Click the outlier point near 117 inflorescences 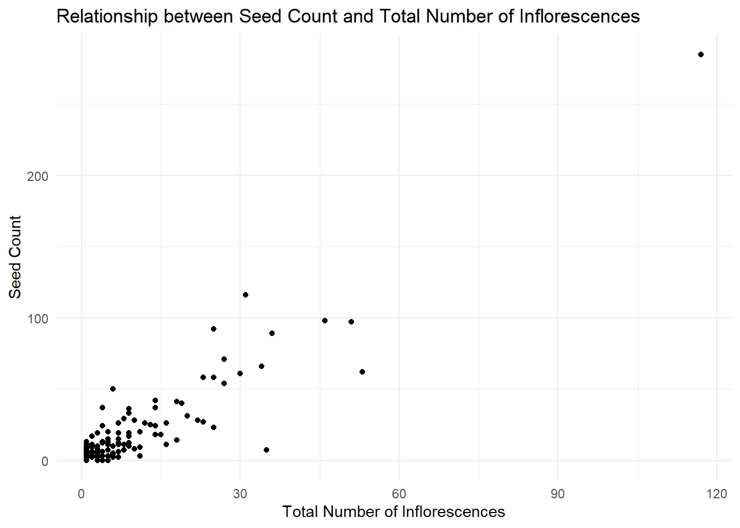point(701,54)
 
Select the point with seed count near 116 point(246,295)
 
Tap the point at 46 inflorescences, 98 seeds point(325,321)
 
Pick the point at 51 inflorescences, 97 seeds point(351,322)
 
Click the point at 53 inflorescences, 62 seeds point(362,372)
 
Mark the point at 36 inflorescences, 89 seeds point(272,333)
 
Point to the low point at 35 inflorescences point(266,450)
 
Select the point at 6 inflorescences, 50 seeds point(113,389)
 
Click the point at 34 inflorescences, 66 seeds point(262,366)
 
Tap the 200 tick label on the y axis point(37,177)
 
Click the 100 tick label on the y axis point(37,319)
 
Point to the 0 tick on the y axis point(45,461)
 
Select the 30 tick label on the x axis point(240,494)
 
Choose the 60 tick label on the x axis point(399,494)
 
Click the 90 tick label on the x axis point(558,494)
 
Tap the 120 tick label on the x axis point(716,494)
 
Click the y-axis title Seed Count point(15,257)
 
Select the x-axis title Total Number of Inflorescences point(394,512)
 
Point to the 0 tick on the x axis point(81,494)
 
